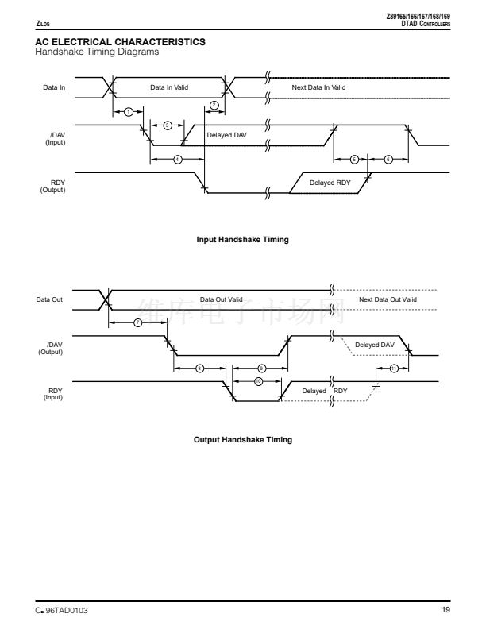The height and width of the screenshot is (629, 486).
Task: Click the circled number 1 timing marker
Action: (x=128, y=112)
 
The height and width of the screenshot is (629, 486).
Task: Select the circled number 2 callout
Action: (x=214, y=106)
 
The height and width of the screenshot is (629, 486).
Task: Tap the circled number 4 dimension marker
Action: (x=178, y=159)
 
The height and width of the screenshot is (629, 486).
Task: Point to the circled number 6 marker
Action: (x=388, y=159)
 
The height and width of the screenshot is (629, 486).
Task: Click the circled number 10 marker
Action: (x=258, y=381)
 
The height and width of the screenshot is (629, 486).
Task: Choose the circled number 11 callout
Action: (x=394, y=368)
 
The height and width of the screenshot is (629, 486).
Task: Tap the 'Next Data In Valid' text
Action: (x=318, y=87)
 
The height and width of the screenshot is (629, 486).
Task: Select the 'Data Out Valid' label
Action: (x=221, y=299)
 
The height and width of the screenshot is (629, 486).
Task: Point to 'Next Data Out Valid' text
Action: (x=387, y=299)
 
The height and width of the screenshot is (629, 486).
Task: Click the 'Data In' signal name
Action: (x=54, y=87)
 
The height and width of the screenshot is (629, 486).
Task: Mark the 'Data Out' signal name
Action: (x=49, y=299)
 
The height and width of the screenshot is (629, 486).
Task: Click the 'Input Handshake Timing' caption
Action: (x=242, y=240)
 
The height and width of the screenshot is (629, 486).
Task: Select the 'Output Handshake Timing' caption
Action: (x=242, y=440)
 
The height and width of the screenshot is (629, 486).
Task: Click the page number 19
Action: (x=445, y=609)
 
